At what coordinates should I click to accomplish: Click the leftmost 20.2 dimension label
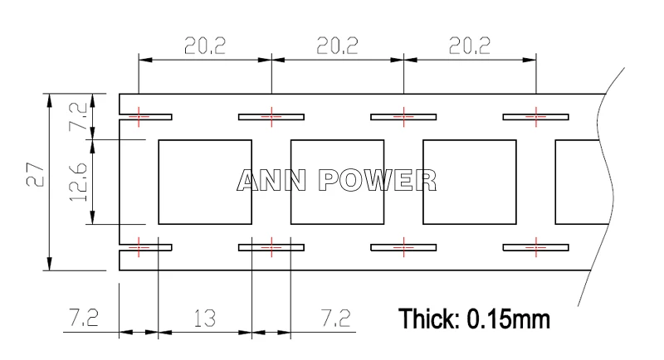pos(205,46)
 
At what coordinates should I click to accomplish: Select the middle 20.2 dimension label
pos(338,46)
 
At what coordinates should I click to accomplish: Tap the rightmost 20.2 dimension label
pos(470,46)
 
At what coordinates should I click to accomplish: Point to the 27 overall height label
pos(35,175)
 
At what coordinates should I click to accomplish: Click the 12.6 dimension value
pos(78,182)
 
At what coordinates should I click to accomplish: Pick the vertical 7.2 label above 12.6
pos(78,116)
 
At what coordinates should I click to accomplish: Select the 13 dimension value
pos(205,319)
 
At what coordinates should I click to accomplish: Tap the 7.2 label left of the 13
pos(84,318)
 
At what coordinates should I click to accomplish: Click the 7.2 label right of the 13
pos(336,319)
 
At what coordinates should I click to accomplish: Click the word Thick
pos(429,319)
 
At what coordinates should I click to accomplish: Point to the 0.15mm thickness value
pos(508,319)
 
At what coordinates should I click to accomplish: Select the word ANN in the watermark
pos(271,180)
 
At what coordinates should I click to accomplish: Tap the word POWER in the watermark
pos(378,180)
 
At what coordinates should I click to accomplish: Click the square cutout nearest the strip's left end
pos(205,182)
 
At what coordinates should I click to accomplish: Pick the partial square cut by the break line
pos(583,182)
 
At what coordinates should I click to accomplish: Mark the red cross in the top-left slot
pos(139,116)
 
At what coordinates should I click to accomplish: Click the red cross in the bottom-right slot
pos(535,247)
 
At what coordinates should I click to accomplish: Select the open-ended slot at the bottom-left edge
pos(146,247)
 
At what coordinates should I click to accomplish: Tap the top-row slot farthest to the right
pos(535,117)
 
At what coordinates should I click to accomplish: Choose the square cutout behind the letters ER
pos(470,182)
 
